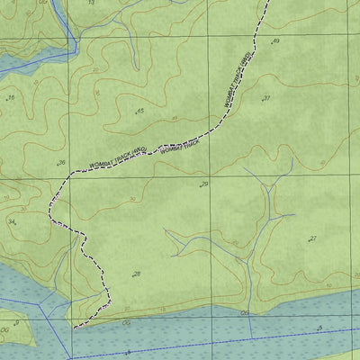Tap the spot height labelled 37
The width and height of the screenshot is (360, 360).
[x=266, y=98]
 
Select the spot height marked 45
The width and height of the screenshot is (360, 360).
[x=139, y=111]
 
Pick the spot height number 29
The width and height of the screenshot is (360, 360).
[x=204, y=184]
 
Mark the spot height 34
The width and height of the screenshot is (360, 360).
[x=12, y=220]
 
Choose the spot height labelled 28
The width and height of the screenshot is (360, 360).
[x=136, y=274]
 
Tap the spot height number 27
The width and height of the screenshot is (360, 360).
[x=312, y=238]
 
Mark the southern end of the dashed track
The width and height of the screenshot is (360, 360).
[x=74, y=325]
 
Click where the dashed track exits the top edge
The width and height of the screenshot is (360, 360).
[x=269, y=2]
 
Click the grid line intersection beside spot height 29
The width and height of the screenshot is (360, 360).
[x=211, y=177]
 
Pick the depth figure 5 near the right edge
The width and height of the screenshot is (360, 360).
[x=319, y=327]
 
